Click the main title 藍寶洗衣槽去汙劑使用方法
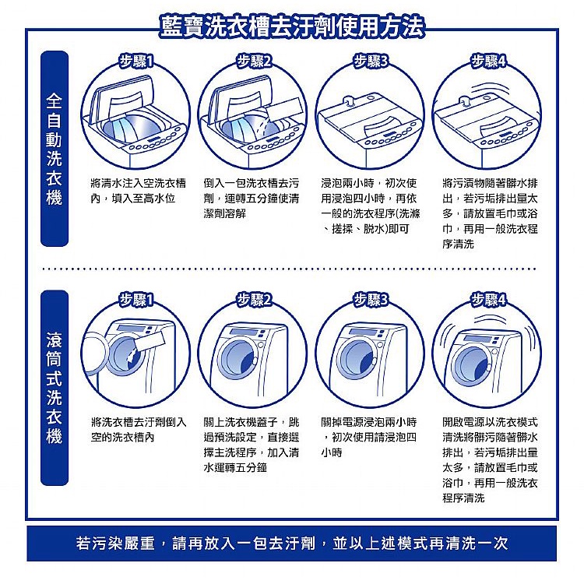(x=292, y=26)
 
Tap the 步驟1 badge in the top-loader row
(x=135, y=61)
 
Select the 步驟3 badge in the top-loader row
(x=371, y=61)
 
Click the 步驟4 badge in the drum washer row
(x=488, y=300)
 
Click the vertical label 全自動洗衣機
(x=54, y=149)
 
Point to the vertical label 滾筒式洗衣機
(x=54, y=388)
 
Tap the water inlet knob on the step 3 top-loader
(x=349, y=101)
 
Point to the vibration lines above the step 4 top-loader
(x=491, y=90)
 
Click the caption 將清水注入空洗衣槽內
(x=138, y=191)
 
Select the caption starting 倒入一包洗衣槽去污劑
(x=251, y=198)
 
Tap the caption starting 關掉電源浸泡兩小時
(x=369, y=438)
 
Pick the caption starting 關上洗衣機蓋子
(x=251, y=445)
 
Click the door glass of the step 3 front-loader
(x=357, y=358)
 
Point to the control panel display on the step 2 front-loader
(x=242, y=332)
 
